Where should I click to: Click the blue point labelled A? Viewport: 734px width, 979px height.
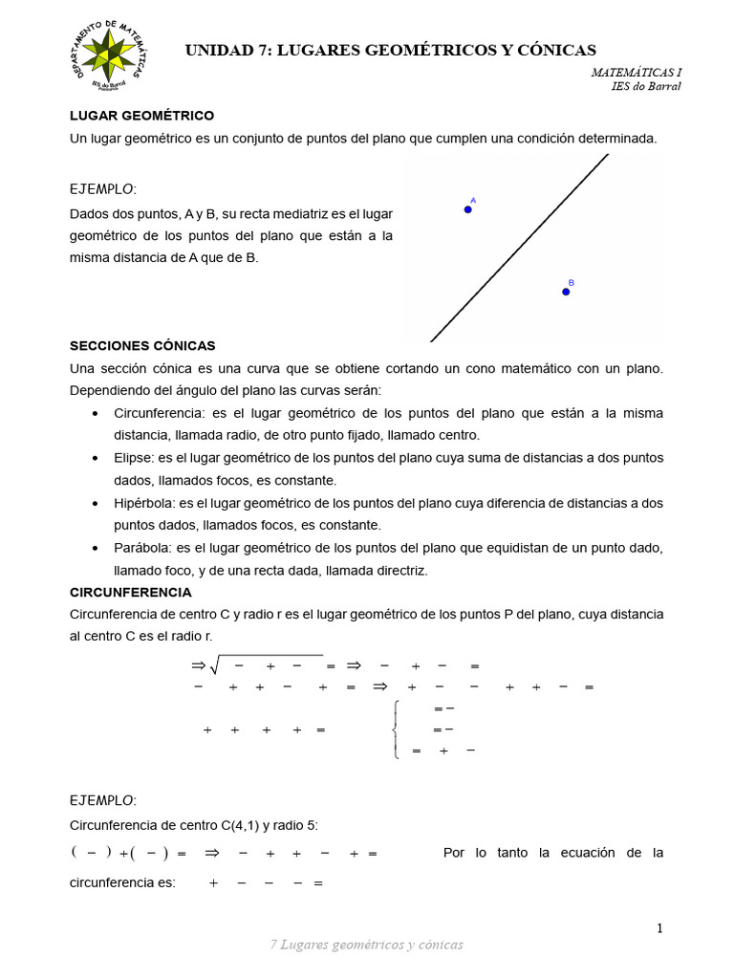pyautogui.click(x=468, y=209)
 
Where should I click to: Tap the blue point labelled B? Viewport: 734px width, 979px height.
pyautogui.click(x=566, y=292)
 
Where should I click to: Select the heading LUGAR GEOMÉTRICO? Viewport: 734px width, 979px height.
pyautogui.click(x=141, y=116)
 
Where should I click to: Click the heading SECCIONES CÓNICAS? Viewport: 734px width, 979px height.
pyautogui.click(x=142, y=346)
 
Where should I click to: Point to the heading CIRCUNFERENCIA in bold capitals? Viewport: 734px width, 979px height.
pyautogui.click(x=131, y=593)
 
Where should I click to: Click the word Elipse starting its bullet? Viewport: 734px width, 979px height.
pyautogui.click(x=134, y=458)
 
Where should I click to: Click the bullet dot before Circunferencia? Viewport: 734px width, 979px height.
pyautogui.click(x=95, y=414)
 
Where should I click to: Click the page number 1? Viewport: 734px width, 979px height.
pyautogui.click(x=659, y=928)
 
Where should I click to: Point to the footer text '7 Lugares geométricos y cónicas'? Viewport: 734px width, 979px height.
pyautogui.click(x=367, y=945)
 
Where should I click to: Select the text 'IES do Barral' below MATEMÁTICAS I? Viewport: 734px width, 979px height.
pyautogui.click(x=646, y=86)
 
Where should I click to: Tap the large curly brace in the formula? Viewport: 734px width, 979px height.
pyautogui.click(x=396, y=730)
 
